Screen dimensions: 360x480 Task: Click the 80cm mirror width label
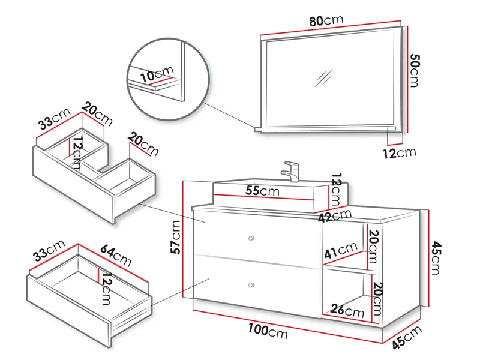[326, 20]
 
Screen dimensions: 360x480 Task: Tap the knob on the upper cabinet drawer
[251, 239]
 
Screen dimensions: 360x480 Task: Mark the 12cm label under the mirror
[399, 152]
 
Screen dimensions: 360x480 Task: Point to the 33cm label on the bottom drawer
[47, 251]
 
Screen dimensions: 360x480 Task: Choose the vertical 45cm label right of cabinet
[436, 257]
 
